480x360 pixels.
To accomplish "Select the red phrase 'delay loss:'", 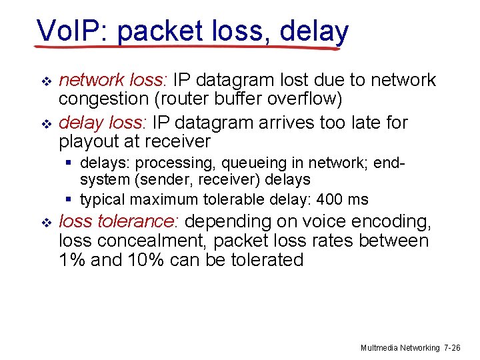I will coord(103,123).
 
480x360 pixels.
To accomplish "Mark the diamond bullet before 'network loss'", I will coord(46,81).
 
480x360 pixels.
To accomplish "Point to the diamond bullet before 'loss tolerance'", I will coord(46,222).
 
